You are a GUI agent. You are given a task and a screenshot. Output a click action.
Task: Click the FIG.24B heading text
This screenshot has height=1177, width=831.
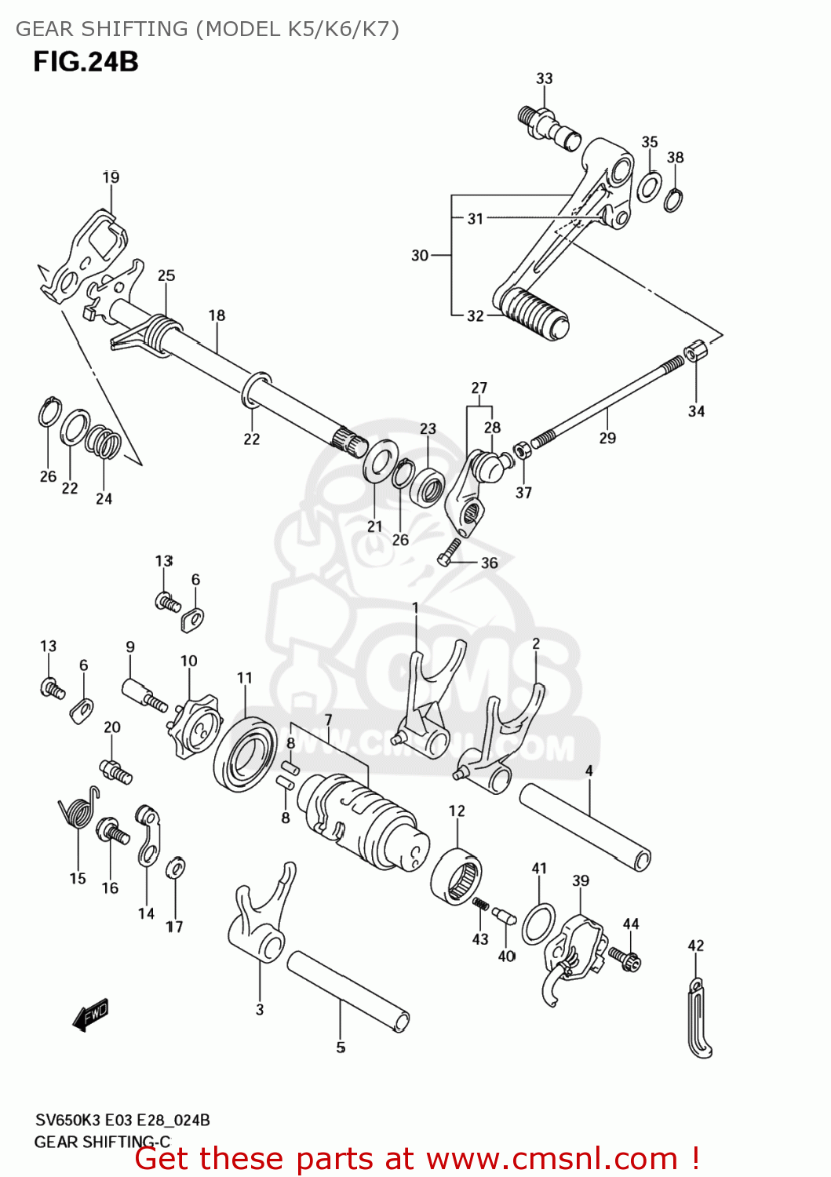[x=86, y=61]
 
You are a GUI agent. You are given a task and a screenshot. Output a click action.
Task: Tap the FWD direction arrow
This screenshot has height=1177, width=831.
[x=90, y=1015]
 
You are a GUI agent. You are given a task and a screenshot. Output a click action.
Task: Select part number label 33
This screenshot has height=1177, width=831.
[x=544, y=78]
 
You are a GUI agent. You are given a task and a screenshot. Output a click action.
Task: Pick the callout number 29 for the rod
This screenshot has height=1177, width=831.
[x=607, y=438]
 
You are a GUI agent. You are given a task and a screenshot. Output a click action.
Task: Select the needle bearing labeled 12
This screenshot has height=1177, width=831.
[x=457, y=876]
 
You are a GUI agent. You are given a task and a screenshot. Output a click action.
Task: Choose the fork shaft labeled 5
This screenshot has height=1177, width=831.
[x=347, y=991]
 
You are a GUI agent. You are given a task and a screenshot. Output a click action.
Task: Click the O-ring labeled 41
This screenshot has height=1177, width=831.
[x=538, y=924]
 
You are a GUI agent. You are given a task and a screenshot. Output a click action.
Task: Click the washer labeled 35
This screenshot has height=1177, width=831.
[x=649, y=188]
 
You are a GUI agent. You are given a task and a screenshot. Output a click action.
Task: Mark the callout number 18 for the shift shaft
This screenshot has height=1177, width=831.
[x=217, y=315]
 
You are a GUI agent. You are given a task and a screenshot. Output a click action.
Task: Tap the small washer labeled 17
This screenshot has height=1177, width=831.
[x=177, y=869]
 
